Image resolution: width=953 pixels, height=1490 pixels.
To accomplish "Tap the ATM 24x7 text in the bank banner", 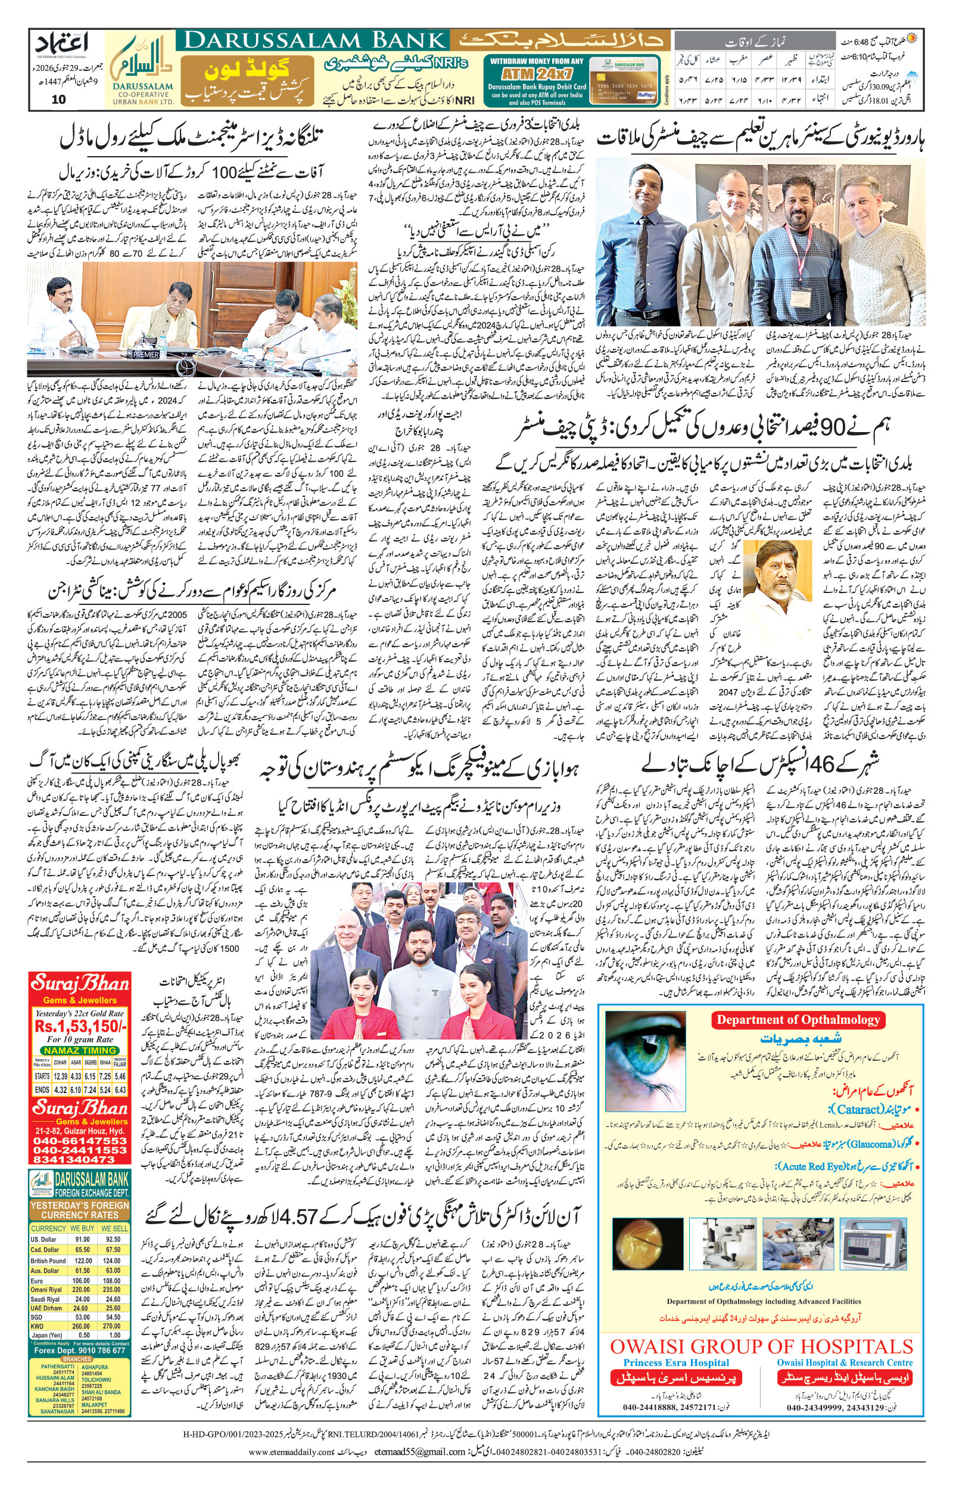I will tap(536, 71).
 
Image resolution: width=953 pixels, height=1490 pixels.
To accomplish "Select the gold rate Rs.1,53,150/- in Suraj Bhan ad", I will tap(80, 1026).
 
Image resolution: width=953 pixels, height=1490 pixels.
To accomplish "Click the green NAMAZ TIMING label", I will tap(80, 1051).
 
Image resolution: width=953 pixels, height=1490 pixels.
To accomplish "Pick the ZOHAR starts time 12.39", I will tap(61, 1076).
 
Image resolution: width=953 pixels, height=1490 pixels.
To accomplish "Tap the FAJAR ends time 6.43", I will tap(121, 1090).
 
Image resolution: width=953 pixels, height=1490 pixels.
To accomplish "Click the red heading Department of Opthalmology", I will tap(798, 1020).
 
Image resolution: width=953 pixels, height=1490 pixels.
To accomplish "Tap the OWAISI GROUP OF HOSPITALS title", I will tap(761, 1346).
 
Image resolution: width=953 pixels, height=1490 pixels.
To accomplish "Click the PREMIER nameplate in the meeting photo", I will tap(146, 355).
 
